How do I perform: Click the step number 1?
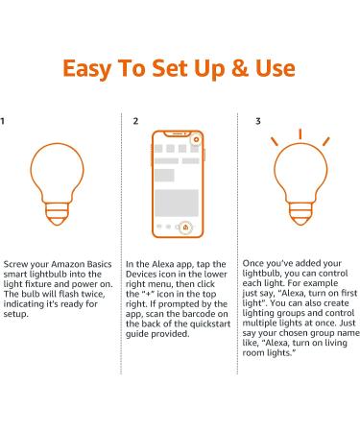(x=4, y=122)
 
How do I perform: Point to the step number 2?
(x=135, y=122)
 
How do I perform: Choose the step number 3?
(x=257, y=122)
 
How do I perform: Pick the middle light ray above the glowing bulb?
(x=300, y=133)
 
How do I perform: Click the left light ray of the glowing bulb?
(x=274, y=142)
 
